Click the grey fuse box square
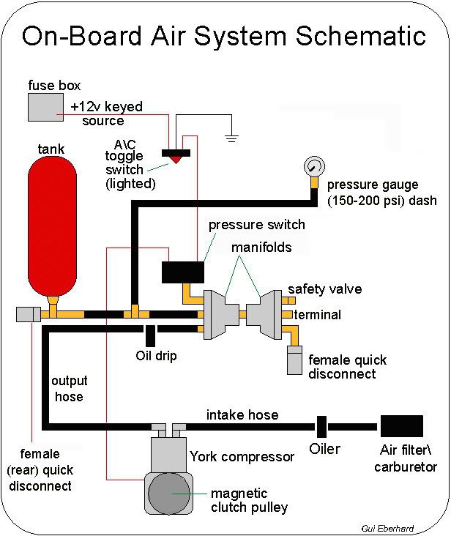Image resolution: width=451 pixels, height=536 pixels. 45,107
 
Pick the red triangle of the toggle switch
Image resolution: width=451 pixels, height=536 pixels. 176,159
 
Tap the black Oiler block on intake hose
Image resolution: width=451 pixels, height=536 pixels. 321,425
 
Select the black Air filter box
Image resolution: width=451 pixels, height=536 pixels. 401,425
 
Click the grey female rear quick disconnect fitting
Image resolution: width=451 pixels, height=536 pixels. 27,314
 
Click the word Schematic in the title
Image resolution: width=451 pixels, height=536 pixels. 353,34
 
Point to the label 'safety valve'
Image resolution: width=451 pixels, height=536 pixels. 324,289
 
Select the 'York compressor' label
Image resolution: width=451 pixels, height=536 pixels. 242,457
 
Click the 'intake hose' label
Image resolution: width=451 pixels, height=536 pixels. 242,415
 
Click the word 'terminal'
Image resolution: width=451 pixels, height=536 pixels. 317,315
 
